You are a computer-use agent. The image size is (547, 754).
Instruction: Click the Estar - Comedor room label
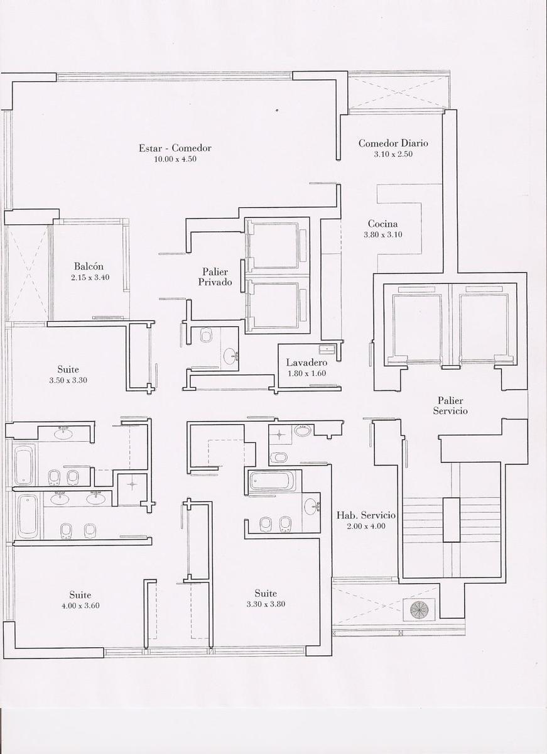click(x=175, y=148)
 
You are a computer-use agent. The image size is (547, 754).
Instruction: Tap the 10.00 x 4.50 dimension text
click(x=175, y=159)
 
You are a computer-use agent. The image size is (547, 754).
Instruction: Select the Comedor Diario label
click(x=393, y=143)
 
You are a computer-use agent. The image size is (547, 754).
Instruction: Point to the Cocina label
click(x=383, y=224)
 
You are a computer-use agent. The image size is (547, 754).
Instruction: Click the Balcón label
click(x=89, y=266)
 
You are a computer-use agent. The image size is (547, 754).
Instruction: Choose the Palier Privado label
click(x=215, y=276)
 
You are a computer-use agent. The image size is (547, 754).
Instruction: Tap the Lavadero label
click(x=307, y=362)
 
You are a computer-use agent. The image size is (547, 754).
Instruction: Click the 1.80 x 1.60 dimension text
click(x=307, y=373)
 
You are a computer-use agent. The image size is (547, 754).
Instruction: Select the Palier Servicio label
click(x=450, y=406)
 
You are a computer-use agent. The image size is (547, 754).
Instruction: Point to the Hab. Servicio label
click(x=366, y=515)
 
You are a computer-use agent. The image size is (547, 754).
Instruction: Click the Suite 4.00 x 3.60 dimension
click(x=80, y=606)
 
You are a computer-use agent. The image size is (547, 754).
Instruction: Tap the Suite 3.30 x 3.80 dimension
click(x=266, y=604)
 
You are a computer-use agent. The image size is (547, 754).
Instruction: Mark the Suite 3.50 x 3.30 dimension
click(x=68, y=380)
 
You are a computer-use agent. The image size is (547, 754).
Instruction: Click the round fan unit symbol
click(x=419, y=609)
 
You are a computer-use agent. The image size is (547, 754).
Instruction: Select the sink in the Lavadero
click(x=327, y=349)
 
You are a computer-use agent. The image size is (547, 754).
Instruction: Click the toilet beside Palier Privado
click(x=206, y=336)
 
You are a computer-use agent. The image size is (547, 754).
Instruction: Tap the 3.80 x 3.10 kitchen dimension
click(x=383, y=234)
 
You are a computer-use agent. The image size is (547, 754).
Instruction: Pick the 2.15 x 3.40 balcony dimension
click(x=90, y=278)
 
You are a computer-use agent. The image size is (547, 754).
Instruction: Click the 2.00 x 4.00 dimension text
click(x=366, y=526)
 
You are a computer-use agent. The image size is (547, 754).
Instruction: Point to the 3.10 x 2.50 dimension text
click(x=393, y=154)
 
